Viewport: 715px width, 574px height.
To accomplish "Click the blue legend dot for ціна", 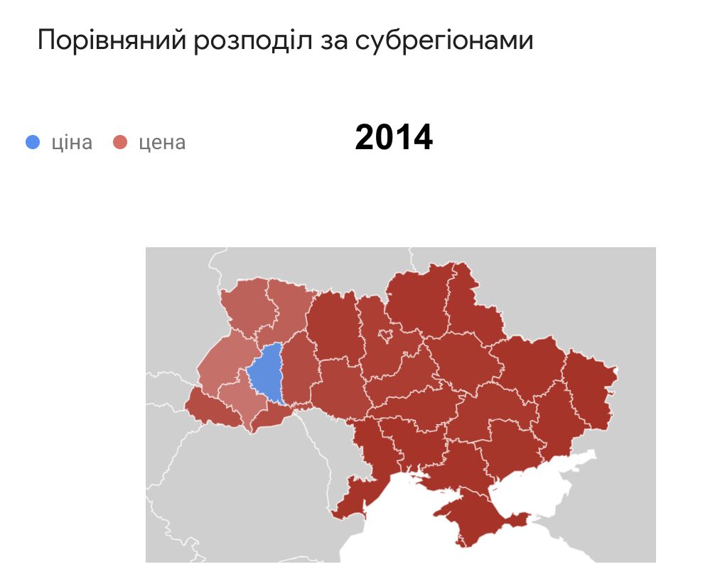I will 33,142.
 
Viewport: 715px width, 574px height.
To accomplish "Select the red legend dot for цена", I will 120,142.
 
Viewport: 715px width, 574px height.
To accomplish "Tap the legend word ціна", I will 72,142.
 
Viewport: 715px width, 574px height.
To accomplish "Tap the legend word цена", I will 162,142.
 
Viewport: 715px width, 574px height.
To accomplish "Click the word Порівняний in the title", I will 112,40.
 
